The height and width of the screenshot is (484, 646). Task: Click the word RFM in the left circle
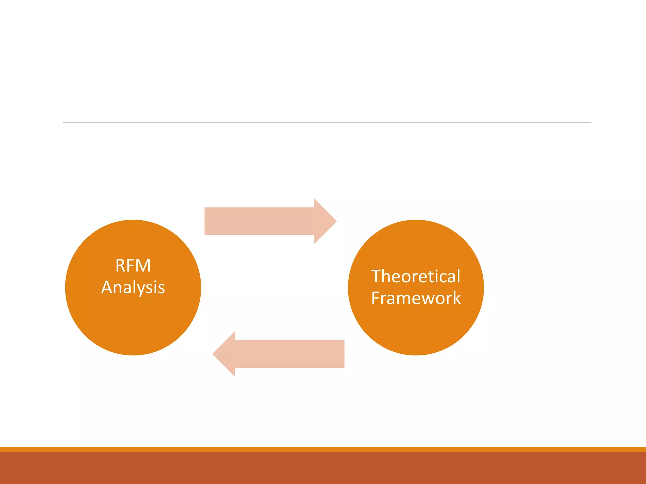(x=133, y=266)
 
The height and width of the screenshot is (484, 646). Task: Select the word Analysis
(x=133, y=287)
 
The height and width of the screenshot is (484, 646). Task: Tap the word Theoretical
(x=416, y=276)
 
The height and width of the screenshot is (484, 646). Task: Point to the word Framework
(x=416, y=298)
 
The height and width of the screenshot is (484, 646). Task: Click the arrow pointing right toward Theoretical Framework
(x=265, y=221)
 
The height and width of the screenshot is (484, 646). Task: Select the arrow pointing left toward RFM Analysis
(x=284, y=354)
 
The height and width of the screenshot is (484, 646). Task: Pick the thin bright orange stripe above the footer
(x=323, y=449)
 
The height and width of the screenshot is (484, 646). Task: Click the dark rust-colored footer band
(x=323, y=468)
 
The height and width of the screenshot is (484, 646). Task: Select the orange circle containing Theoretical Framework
(x=416, y=331)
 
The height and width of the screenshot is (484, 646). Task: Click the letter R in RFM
(x=120, y=266)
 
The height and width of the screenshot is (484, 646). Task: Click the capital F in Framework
(x=375, y=298)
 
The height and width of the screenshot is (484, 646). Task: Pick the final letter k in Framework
(x=457, y=298)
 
